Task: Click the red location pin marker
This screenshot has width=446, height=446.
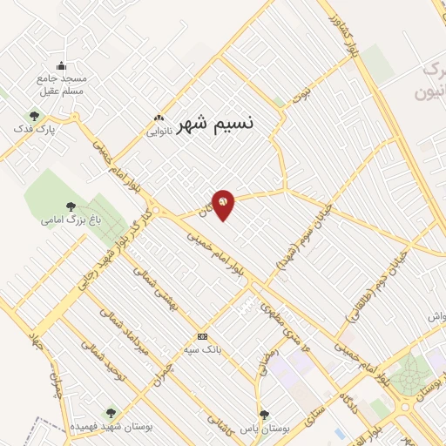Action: coord(223,204)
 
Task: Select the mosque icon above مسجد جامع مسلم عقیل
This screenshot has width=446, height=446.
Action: coord(61,66)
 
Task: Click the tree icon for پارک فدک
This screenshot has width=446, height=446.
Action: coord(35,115)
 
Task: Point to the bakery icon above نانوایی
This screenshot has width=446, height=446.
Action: coord(159,118)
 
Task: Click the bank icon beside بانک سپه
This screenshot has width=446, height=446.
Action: coord(203,336)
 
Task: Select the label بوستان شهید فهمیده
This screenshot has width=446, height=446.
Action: coord(110,427)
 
